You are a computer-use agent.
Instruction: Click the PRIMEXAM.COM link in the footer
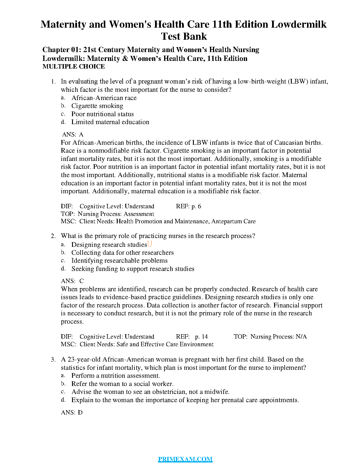(x=185, y=459)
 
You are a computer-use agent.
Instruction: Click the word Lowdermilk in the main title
(x=299, y=24)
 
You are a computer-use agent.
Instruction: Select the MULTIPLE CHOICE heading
(x=74, y=66)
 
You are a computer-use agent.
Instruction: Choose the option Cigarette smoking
(x=97, y=106)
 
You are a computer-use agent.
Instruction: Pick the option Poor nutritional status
(x=102, y=114)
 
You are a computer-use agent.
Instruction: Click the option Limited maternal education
(x=110, y=122)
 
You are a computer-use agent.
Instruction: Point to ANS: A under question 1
(x=73, y=134)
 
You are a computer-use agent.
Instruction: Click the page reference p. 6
(x=196, y=206)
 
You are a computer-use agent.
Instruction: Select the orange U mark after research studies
(x=150, y=244)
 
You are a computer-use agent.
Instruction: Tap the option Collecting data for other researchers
(x=122, y=253)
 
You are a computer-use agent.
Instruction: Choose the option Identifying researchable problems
(x=119, y=261)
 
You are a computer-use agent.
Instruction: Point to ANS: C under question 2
(x=72, y=281)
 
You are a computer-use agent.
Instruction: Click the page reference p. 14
(x=201, y=337)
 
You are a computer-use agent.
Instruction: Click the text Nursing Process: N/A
(x=278, y=337)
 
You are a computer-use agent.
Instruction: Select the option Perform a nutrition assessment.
(x=116, y=376)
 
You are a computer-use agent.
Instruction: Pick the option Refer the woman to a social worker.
(x=122, y=384)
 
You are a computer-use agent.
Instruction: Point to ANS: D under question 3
(x=72, y=412)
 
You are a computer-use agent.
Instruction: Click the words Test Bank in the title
(x=184, y=36)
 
